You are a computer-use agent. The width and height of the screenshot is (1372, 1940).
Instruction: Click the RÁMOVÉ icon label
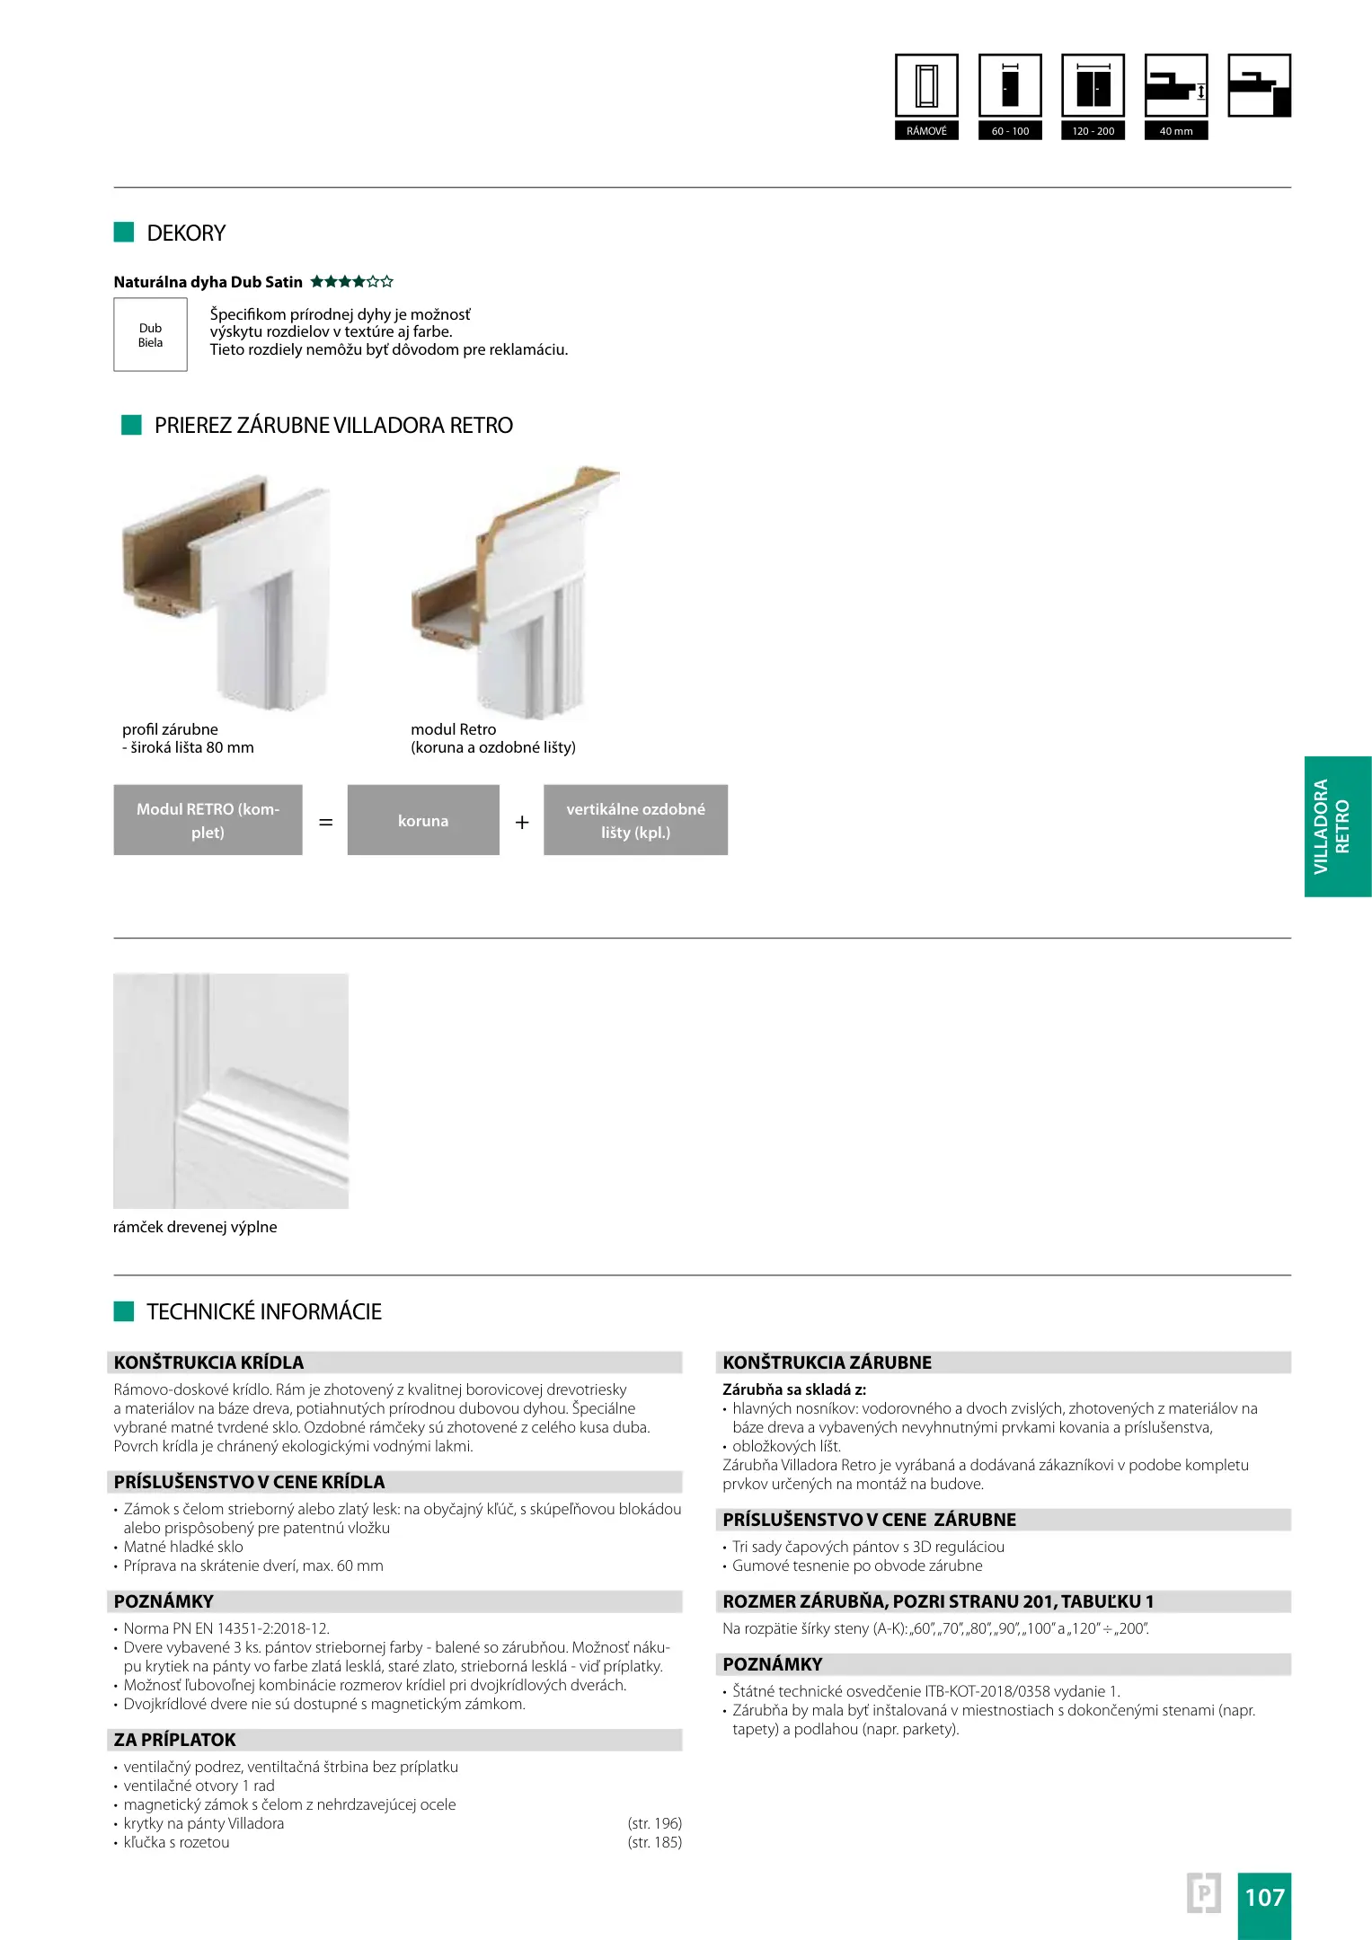[x=926, y=131]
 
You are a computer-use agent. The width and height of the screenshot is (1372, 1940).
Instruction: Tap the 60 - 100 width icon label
[x=1010, y=131]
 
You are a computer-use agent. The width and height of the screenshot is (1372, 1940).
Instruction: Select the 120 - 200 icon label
[x=1093, y=131]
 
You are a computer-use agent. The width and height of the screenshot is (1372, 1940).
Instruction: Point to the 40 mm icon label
[x=1175, y=131]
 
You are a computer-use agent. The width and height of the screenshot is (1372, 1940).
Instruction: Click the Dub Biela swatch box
[x=150, y=335]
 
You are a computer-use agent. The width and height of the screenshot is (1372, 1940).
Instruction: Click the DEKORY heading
[x=186, y=234]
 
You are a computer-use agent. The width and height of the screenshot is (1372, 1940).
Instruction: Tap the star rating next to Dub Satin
[x=352, y=282]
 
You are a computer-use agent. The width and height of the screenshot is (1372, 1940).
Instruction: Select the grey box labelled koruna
[x=423, y=821]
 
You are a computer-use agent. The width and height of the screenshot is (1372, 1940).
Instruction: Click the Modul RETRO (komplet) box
[x=208, y=821]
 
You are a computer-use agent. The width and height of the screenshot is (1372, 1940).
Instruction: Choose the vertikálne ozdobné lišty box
[x=635, y=821]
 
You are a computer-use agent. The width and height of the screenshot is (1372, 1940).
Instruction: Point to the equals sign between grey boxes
[x=325, y=823]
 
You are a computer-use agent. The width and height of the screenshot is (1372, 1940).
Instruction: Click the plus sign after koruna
[x=522, y=823]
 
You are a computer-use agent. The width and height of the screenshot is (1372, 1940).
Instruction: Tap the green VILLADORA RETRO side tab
[x=1337, y=826]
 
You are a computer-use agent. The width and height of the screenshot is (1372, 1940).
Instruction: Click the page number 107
[x=1264, y=1897]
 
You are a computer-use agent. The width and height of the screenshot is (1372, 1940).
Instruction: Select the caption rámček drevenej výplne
[x=195, y=1228]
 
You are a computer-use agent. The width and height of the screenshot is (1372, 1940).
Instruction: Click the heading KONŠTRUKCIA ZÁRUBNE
[x=827, y=1362]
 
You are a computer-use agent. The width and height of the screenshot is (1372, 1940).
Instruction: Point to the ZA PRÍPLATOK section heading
[x=175, y=1740]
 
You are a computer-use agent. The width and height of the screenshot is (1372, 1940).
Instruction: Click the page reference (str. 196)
[x=654, y=1823]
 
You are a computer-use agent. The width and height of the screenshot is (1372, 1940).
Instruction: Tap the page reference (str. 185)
[x=654, y=1842]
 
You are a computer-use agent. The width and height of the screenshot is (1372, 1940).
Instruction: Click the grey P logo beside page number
[x=1203, y=1893]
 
